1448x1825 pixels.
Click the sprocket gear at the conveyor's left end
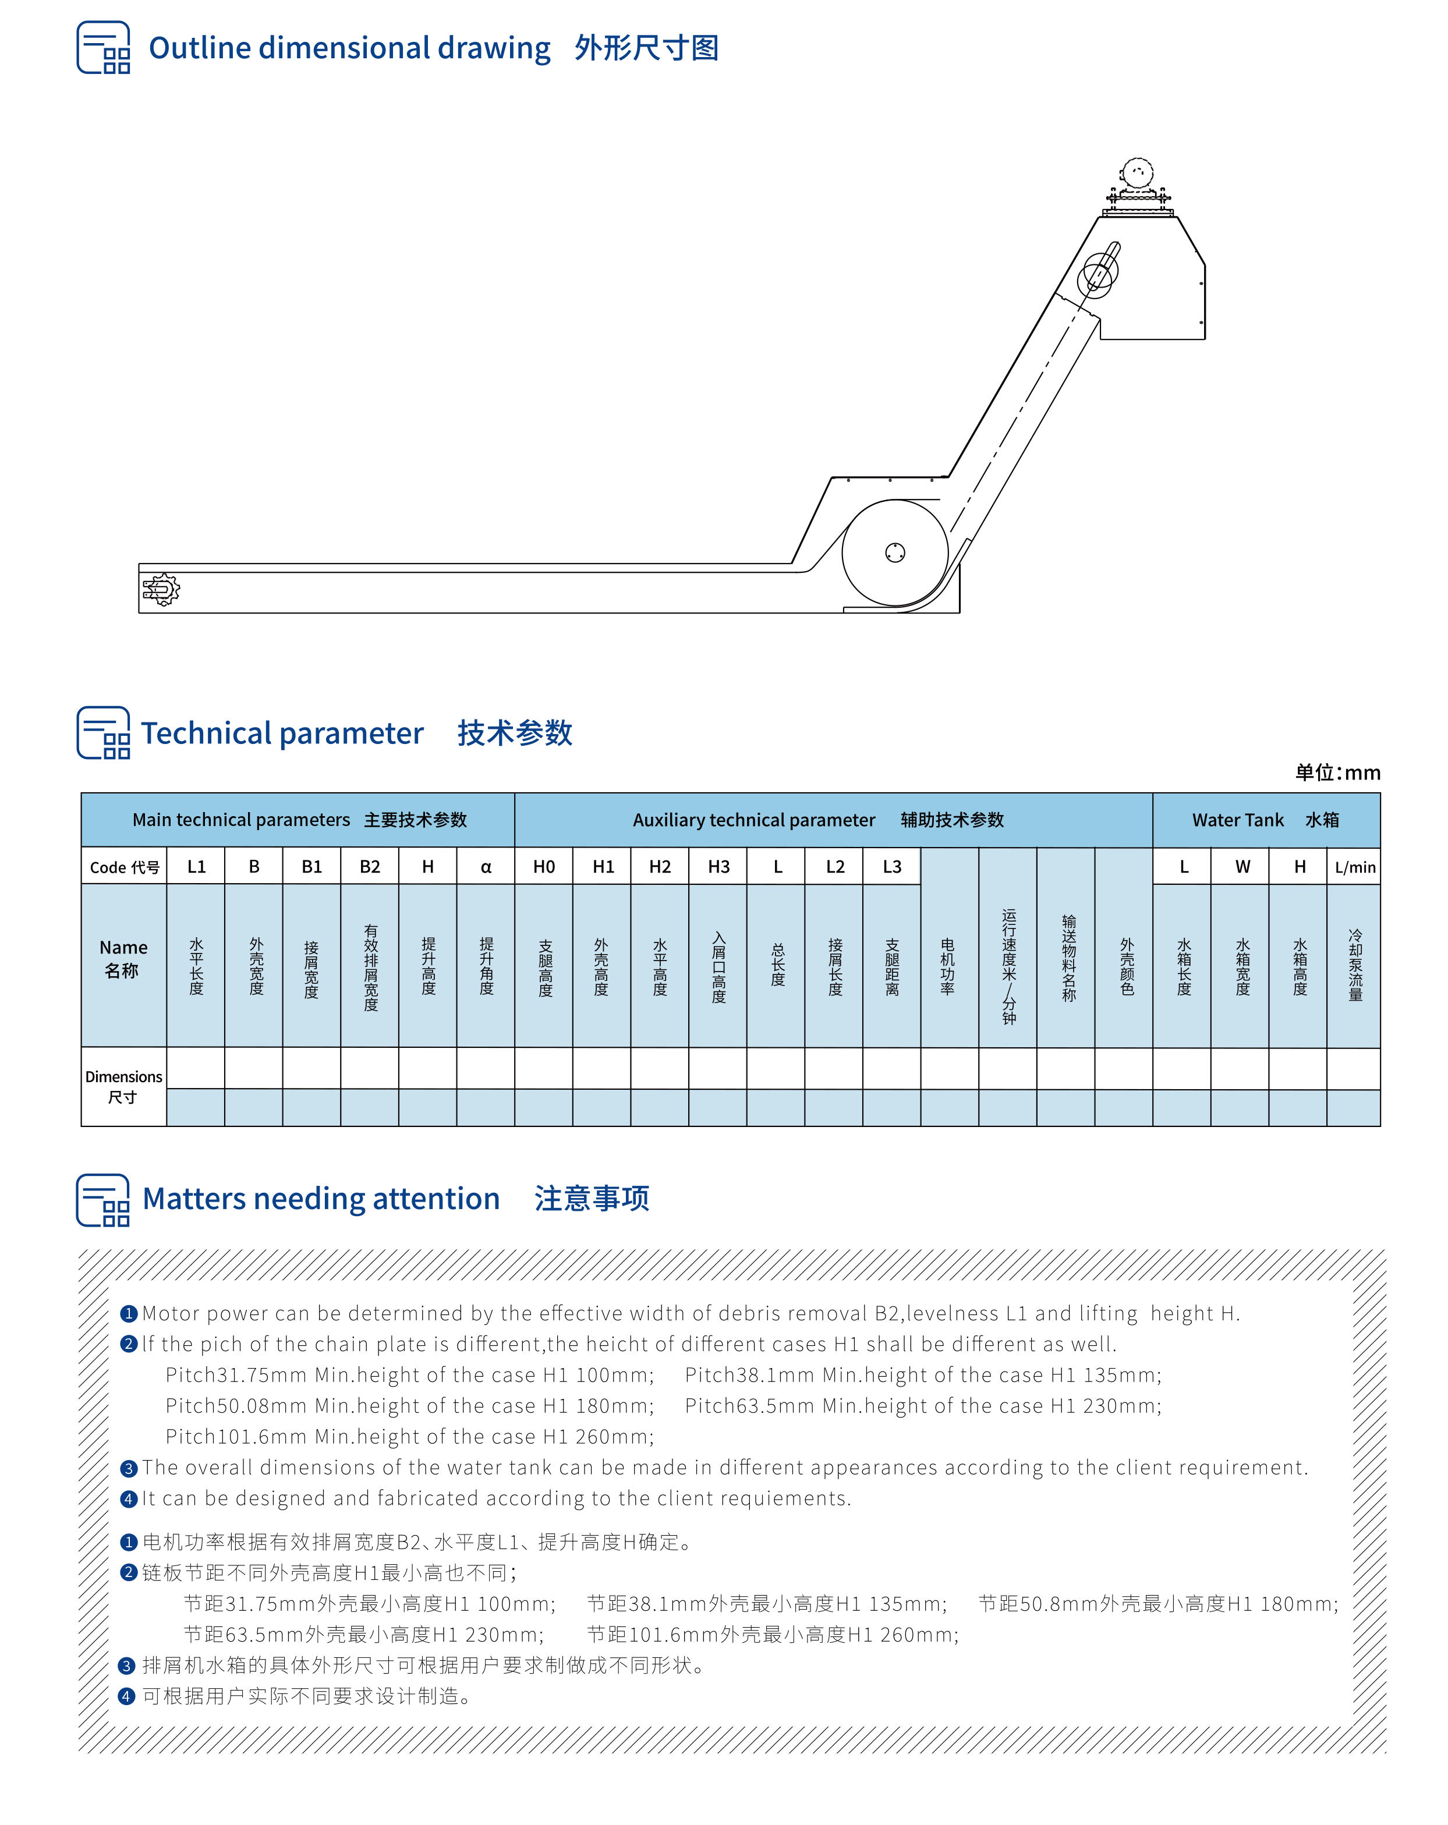[161, 589]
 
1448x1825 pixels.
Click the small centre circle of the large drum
[895, 553]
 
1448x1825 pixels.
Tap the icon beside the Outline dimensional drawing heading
[103, 48]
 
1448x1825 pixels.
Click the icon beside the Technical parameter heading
[103, 733]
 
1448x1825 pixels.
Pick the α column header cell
[486, 866]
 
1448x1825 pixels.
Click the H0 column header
[544, 866]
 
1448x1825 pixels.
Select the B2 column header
[370, 866]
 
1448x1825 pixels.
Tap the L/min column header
[1355, 867]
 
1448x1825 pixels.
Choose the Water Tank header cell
[1265, 820]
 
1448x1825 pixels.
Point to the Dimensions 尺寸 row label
[123, 1086]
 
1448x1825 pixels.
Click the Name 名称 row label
[123, 958]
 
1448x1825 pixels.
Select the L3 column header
[891, 866]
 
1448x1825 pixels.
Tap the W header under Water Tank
[1242, 866]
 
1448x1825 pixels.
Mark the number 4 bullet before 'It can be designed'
[129, 1498]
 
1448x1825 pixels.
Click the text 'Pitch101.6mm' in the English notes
[235, 1437]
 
